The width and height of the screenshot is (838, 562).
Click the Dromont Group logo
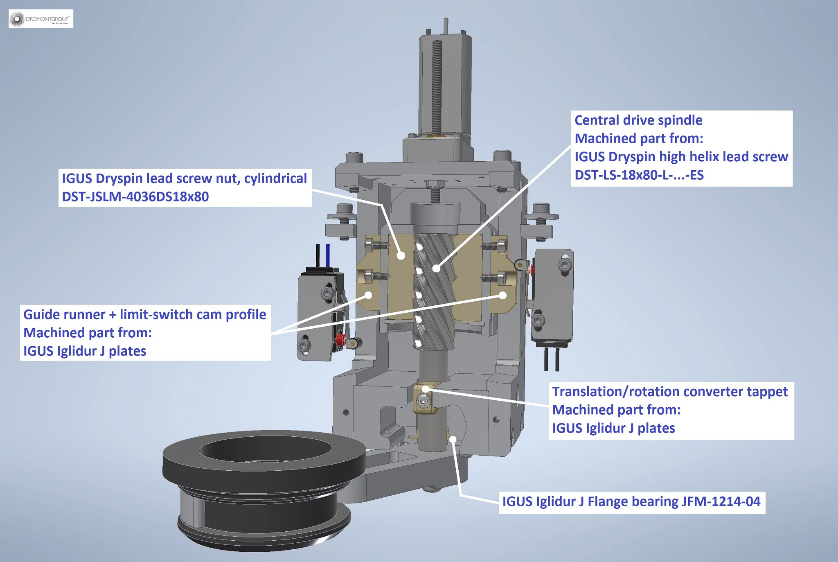pyautogui.click(x=41, y=19)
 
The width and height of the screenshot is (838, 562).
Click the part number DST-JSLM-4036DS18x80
pyautogui.click(x=135, y=197)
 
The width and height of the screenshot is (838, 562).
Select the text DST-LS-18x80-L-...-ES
pyautogui.click(x=639, y=175)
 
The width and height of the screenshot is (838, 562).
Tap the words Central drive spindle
pyautogui.click(x=638, y=120)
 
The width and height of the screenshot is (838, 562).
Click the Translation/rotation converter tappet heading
pyautogui.click(x=669, y=392)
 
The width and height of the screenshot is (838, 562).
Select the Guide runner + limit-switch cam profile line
pyautogui.click(x=144, y=314)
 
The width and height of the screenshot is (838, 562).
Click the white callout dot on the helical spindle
pyautogui.click(x=437, y=269)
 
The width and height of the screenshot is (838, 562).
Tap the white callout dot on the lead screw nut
pyautogui.click(x=401, y=255)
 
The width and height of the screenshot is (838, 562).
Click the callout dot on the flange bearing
pyautogui.click(x=453, y=440)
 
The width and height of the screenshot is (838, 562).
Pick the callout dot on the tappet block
pyautogui.click(x=426, y=389)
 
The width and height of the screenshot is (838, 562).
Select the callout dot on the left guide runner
pyautogui.click(x=368, y=295)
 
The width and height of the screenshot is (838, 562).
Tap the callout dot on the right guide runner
pyautogui.click(x=503, y=295)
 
